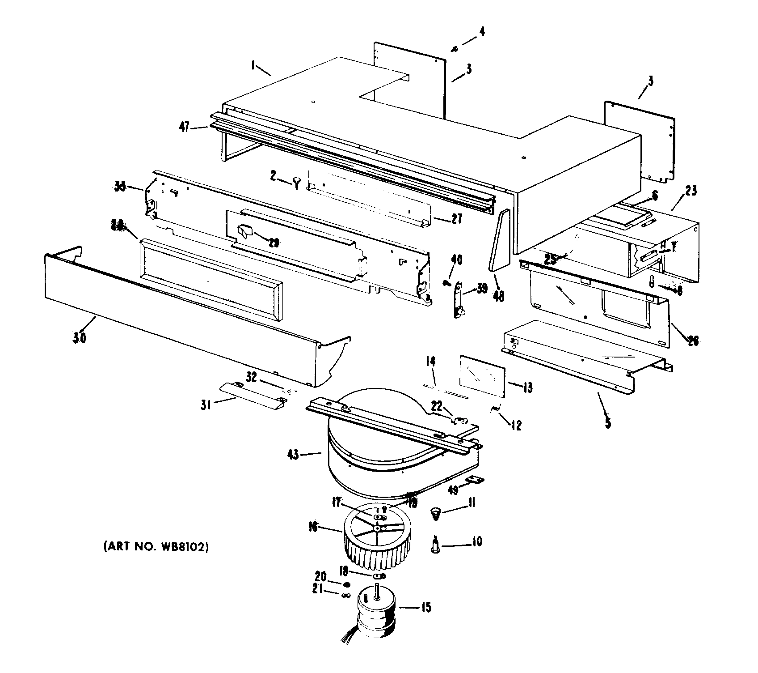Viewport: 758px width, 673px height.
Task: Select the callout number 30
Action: [x=80, y=337]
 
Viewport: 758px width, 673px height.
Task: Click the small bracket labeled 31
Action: [x=253, y=392]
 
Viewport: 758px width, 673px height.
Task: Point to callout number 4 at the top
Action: [x=481, y=32]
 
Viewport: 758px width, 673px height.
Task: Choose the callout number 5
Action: [x=608, y=422]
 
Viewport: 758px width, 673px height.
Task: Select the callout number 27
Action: [x=456, y=219]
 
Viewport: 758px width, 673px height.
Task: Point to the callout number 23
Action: [x=690, y=191]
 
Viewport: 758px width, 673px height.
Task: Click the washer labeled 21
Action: [x=345, y=595]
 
